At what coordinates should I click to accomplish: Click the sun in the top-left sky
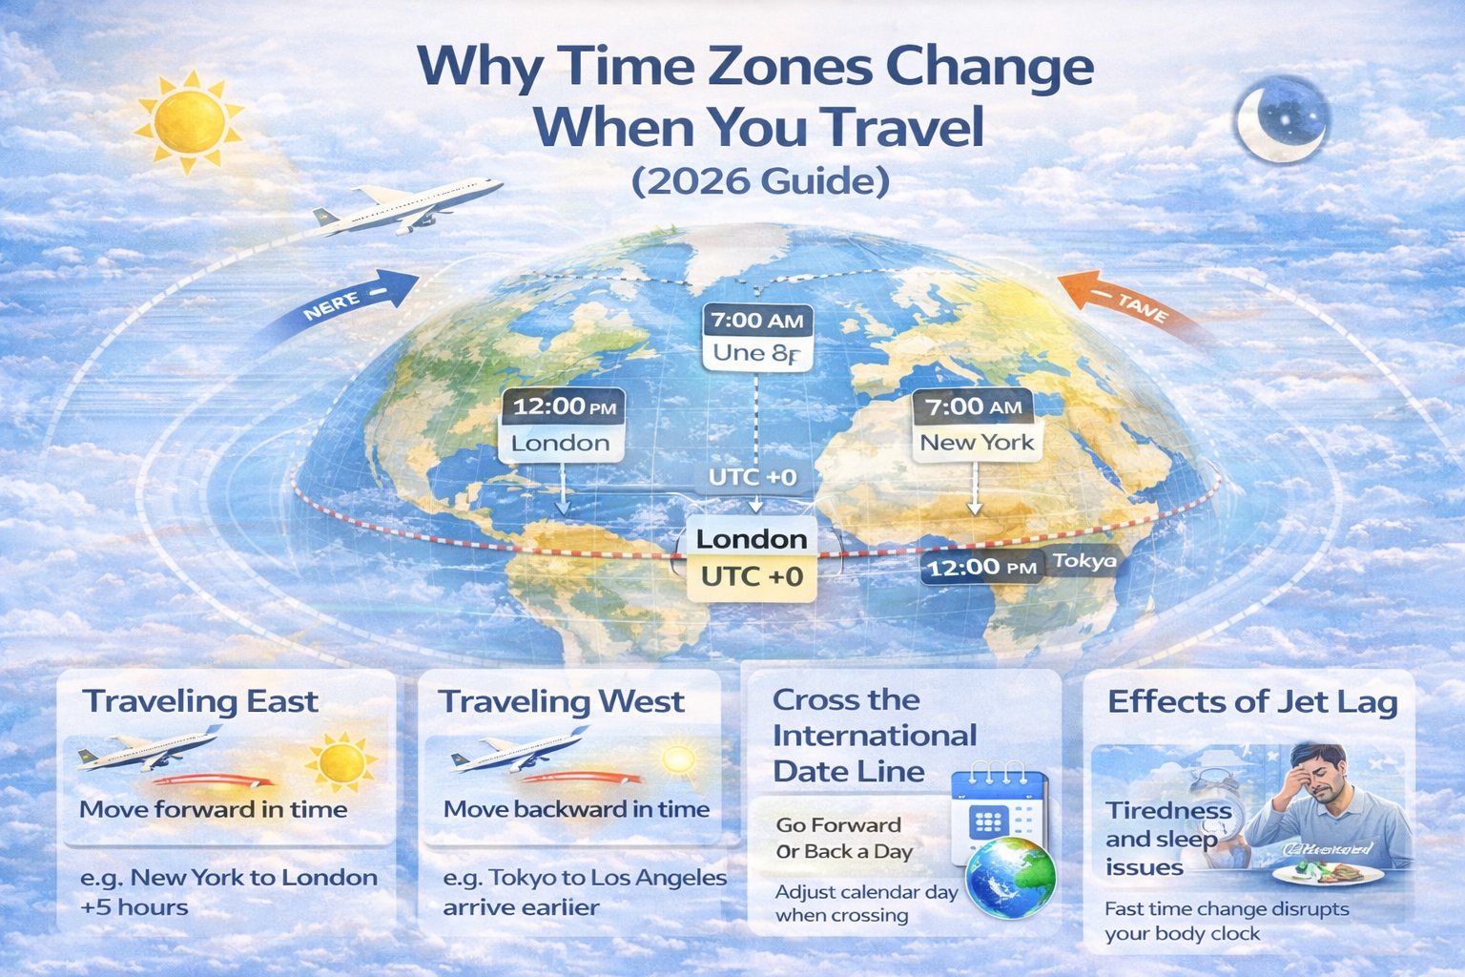(188, 121)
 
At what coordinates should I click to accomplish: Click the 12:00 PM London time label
(562, 425)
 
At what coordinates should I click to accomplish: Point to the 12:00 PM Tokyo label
(1019, 566)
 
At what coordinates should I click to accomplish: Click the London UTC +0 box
(752, 557)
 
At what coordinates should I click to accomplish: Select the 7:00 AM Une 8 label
(757, 336)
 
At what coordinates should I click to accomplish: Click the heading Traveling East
(200, 701)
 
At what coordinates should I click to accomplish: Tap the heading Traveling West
(561, 701)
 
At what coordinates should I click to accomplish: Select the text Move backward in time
(576, 809)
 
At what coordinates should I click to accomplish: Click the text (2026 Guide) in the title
(760, 180)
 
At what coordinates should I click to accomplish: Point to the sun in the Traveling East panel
(340, 762)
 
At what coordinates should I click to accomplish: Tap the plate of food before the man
(1330, 870)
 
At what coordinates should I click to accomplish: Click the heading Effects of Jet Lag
(1252, 702)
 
